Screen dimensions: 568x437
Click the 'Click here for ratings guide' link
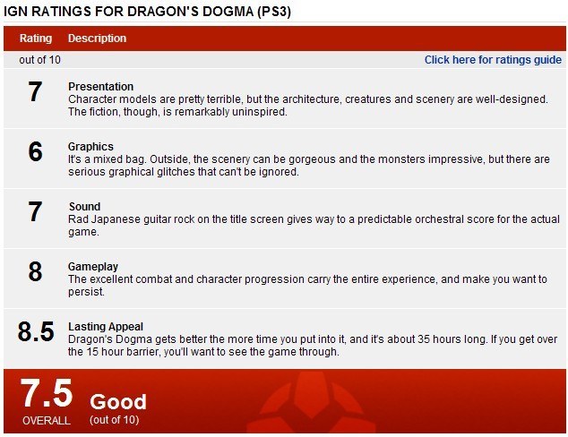point(493,60)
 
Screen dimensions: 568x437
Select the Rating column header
point(36,39)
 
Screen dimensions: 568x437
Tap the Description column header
point(97,39)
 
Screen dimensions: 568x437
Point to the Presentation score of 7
point(35,91)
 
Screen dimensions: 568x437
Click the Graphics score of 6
point(35,151)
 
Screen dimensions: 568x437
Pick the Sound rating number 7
point(35,211)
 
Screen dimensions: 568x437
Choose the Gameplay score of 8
point(35,271)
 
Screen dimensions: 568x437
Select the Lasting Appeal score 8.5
point(36,331)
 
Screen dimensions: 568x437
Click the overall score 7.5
point(47,393)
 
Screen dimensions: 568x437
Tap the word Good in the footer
point(118,402)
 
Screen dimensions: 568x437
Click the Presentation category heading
point(100,87)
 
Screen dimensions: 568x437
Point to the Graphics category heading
point(90,147)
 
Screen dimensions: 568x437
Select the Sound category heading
point(85,206)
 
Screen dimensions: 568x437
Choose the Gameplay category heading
point(93,267)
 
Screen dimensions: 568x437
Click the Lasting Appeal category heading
point(106,327)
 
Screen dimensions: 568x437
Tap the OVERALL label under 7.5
point(47,421)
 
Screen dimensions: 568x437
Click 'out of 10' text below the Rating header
point(39,60)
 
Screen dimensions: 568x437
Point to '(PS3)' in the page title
point(274,12)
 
